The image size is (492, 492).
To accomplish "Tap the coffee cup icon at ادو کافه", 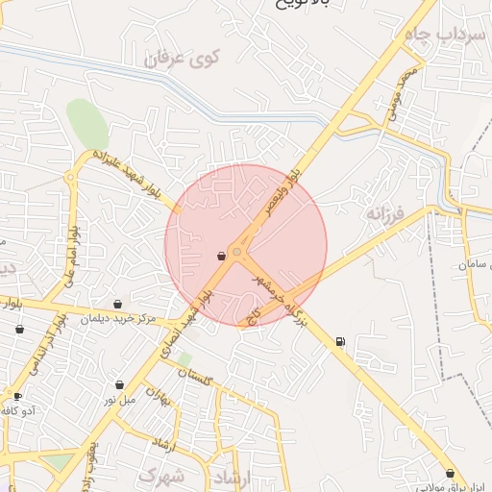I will tap(16, 395).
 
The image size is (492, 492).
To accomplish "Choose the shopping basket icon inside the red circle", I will tap(222, 256).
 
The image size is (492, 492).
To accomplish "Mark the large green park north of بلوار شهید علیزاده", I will tap(86, 123).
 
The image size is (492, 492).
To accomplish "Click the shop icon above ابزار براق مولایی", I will tap(450, 472).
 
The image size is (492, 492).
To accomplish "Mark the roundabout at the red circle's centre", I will tap(237, 252).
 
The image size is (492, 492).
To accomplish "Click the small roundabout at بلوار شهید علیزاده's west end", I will tap(70, 178).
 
